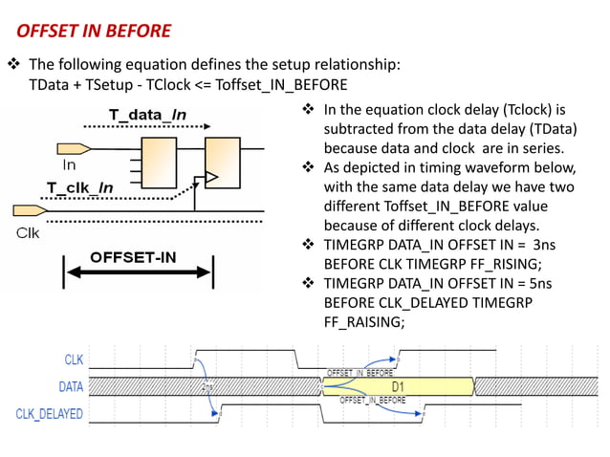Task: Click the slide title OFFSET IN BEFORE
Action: pyautogui.click(x=94, y=31)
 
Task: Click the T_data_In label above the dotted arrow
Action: pyautogui.click(x=146, y=115)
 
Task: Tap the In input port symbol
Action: pyautogui.click(x=74, y=148)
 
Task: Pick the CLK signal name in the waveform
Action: pyautogui.click(x=73, y=360)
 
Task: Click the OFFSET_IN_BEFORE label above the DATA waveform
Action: pyautogui.click(x=359, y=372)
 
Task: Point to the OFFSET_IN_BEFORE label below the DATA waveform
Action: pyautogui.click(x=372, y=401)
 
